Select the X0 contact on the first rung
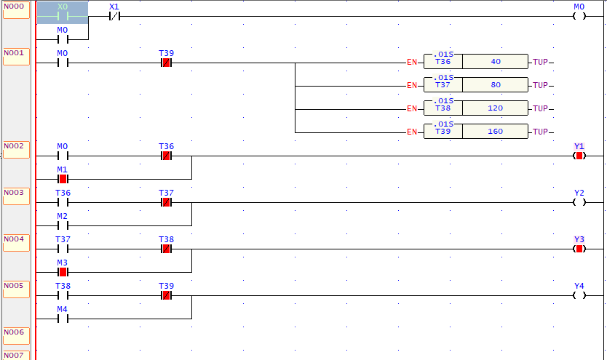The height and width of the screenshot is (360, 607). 63,16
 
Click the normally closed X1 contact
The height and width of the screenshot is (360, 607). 114,17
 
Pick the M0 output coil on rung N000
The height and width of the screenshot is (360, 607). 579,17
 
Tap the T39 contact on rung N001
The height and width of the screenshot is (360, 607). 166,63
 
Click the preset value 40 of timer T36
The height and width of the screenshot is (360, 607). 496,63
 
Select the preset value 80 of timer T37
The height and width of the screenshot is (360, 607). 496,86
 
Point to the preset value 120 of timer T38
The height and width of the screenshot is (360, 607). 496,109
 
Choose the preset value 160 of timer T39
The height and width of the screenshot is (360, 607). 496,132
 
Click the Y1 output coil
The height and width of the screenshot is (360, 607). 579,156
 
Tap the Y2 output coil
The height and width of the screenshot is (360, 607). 579,202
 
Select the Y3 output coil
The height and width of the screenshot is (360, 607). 579,249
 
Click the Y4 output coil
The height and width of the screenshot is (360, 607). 579,295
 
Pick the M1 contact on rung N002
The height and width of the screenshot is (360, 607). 63,179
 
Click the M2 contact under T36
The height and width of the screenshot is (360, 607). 63,225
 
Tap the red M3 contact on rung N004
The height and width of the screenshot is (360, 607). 63,272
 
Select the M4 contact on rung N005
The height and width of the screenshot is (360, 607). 63,319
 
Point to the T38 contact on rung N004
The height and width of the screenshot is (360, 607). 166,249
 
